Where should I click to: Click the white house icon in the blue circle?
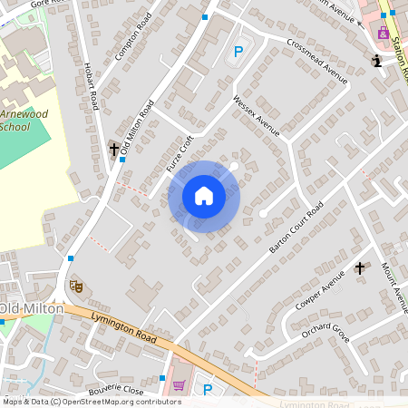[x=204, y=196]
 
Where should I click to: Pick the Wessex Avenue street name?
[x=256, y=113]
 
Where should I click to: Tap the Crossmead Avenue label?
[x=316, y=61]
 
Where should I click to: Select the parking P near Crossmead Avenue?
[x=238, y=53]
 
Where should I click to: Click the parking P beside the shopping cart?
[x=208, y=390]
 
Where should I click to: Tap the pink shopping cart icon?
[x=179, y=385]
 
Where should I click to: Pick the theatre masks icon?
[x=76, y=286]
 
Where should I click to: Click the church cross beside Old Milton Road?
[x=114, y=149]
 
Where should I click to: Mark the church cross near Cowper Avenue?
[x=360, y=268]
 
